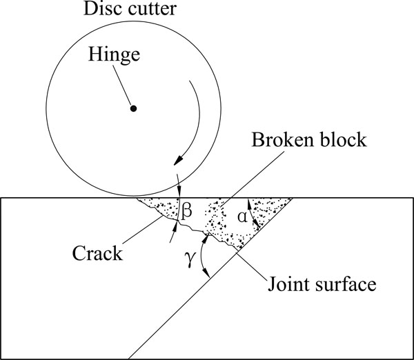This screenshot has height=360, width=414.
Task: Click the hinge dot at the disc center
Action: coord(134,108)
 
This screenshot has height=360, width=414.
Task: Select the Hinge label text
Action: coord(114,54)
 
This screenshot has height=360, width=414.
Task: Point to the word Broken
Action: coord(282,139)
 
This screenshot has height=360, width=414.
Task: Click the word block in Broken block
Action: coord(343,139)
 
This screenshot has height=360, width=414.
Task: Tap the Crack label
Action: coord(97,253)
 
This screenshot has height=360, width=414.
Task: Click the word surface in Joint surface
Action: coord(345,285)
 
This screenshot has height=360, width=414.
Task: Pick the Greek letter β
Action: coord(186,212)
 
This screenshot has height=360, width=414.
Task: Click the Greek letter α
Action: coord(242,217)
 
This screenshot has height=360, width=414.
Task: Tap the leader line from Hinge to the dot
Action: coord(122,85)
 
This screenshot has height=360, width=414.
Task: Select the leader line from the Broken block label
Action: coord(252,179)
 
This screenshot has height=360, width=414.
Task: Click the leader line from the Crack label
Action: coord(143,230)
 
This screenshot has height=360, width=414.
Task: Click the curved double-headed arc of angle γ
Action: coord(202,256)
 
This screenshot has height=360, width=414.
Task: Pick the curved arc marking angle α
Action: coord(252,214)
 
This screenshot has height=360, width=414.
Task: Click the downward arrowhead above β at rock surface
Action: coord(179,192)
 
